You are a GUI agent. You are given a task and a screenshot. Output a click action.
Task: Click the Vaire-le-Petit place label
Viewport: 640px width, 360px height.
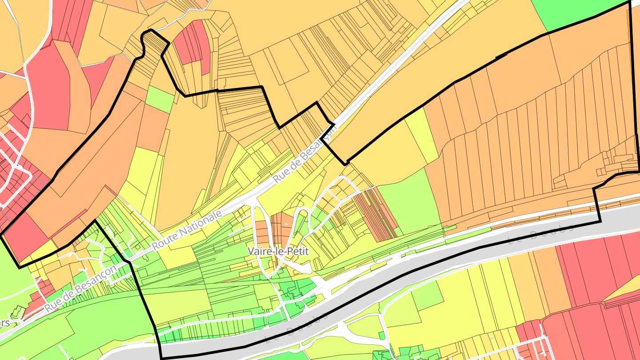click(278, 251)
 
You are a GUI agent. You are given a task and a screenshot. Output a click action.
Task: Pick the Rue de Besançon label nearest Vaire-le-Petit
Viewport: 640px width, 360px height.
click(305, 154)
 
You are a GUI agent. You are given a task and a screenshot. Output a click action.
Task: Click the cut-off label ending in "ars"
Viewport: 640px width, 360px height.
click(4, 323)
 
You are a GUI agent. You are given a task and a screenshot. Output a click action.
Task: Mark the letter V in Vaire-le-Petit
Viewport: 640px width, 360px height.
click(250, 251)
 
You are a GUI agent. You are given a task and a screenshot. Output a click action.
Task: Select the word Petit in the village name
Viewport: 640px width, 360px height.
click(299, 251)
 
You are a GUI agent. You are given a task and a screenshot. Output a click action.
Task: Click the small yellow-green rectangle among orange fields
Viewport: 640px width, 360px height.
click(160, 99)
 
